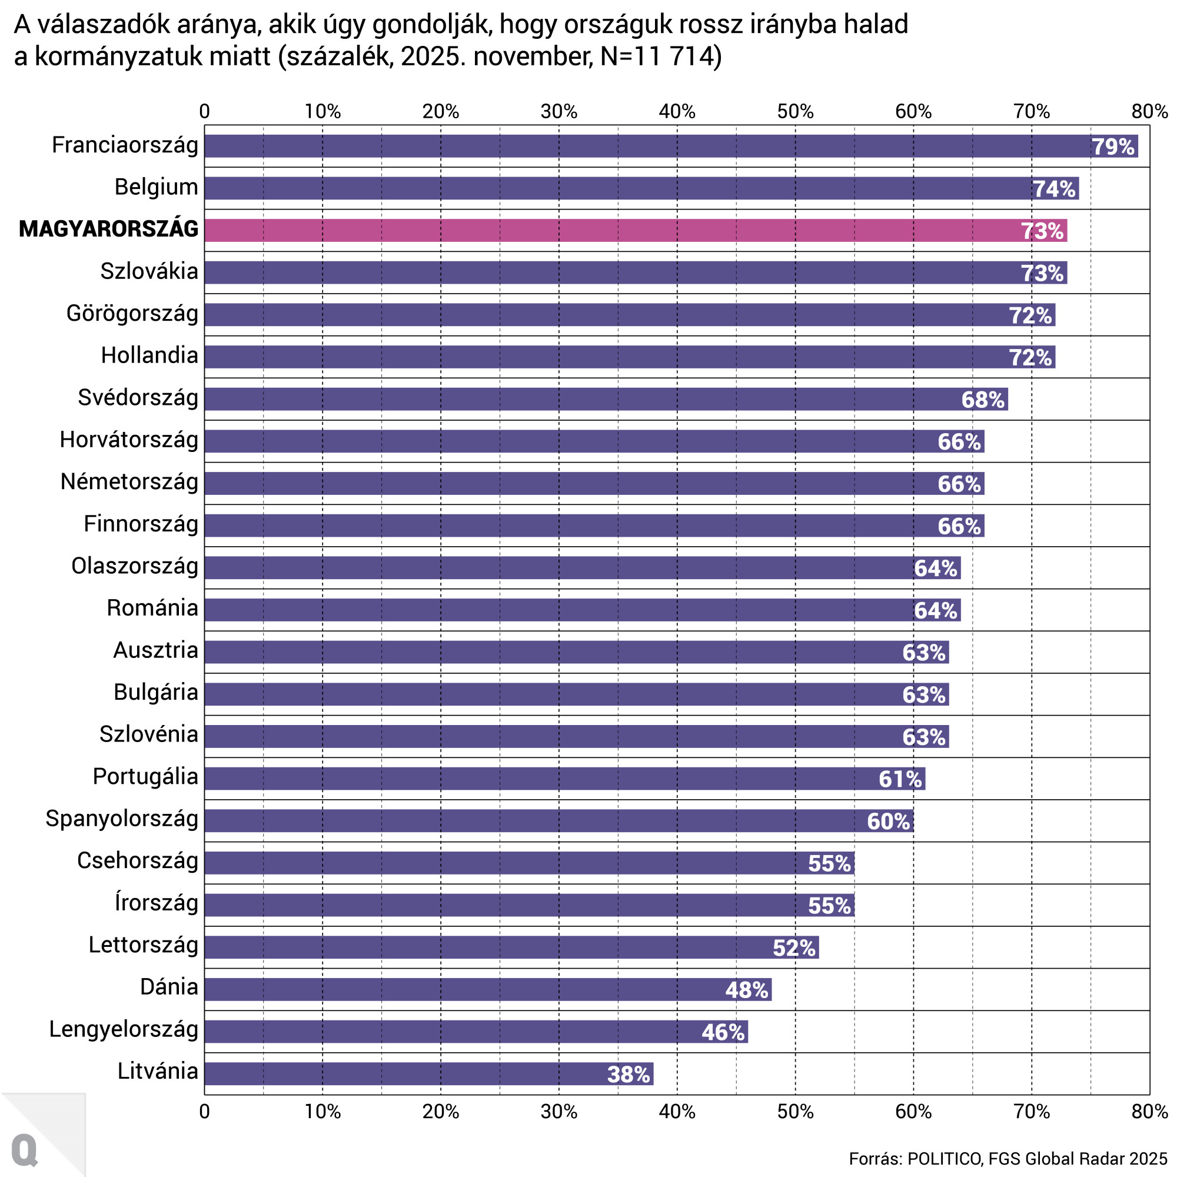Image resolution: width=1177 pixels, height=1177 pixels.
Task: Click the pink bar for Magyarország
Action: coord(636,230)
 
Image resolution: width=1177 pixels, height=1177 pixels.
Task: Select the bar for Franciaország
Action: coord(670,146)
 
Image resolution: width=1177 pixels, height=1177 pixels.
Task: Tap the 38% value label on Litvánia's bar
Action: coord(628,1074)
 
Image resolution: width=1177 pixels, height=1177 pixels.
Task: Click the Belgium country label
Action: coord(157,187)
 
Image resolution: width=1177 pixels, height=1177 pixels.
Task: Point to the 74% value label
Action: coord(1054,189)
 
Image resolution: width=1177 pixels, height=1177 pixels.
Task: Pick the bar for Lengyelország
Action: coord(475,1032)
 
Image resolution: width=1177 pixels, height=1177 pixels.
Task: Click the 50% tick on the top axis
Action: coord(795,111)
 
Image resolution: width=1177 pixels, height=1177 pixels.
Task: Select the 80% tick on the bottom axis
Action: coord(1149,1112)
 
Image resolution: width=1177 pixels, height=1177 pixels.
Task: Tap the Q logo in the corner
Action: coord(24,1150)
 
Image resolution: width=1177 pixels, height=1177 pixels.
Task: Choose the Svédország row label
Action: coord(138,398)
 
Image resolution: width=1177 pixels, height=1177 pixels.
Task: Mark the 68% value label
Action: coord(983,400)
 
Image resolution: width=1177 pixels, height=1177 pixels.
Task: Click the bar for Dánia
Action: coord(487,989)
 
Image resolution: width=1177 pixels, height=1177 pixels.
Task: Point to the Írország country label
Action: coord(157,903)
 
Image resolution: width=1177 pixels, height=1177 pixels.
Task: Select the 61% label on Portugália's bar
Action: coord(900,779)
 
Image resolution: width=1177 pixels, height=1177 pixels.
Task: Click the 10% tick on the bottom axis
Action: coord(322,1112)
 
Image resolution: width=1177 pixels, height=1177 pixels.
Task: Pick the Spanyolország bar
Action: coord(558,821)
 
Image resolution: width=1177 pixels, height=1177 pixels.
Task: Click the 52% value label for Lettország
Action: coord(794,948)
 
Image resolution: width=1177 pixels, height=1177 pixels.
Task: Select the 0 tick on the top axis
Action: coord(205,111)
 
